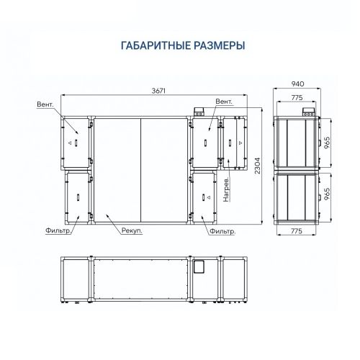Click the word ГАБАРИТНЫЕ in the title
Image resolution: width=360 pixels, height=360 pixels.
coord(153,45)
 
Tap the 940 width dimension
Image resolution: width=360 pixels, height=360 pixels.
coord(298,84)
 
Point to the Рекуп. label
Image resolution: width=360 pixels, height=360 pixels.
coord(130,232)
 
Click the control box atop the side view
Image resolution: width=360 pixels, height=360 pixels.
coord(308,112)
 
